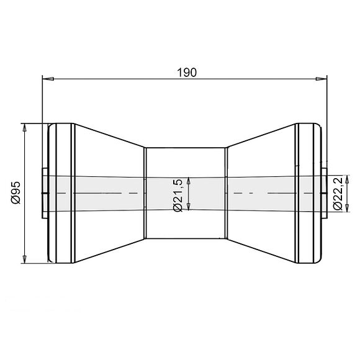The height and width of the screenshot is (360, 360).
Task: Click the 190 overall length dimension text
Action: pyautogui.click(x=186, y=72)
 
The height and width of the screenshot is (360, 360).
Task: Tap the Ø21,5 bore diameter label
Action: pyautogui.click(x=178, y=195)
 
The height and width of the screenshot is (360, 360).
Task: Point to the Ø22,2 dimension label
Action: pyautogui.click(x=338, y=194)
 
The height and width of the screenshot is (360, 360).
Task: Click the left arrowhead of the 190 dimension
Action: pyautogui.click(x=47, y=78)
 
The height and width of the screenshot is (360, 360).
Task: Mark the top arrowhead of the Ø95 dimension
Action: pyautogui.click(x=25, y=128)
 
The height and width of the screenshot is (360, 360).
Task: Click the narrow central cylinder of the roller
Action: pyautogui.click(x=185, y=161)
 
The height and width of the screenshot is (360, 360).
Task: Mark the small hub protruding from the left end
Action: pyautogui.click(x=44, y=193)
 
